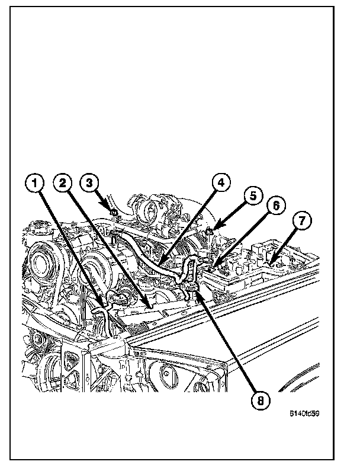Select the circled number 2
[63, 184]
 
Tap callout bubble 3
[89, 183]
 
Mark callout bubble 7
[301, 222]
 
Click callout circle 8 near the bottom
[258, 400]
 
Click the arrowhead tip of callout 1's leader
[106, 309]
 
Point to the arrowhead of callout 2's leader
[149, 306]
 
